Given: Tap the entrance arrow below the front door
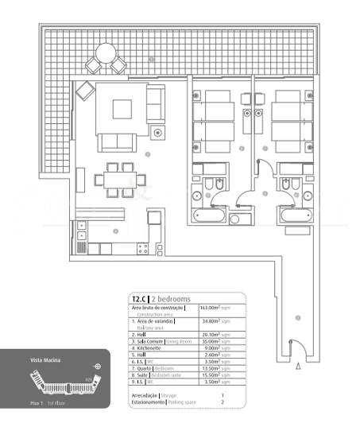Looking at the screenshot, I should click(x=297, y=367).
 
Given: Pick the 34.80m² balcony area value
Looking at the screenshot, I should click(x=210, y=321).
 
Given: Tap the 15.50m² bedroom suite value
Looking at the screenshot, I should click(x=210, y=375).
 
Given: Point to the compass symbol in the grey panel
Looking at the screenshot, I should click(x=97, y=367).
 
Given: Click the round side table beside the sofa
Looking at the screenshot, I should click(x=159, y=131).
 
